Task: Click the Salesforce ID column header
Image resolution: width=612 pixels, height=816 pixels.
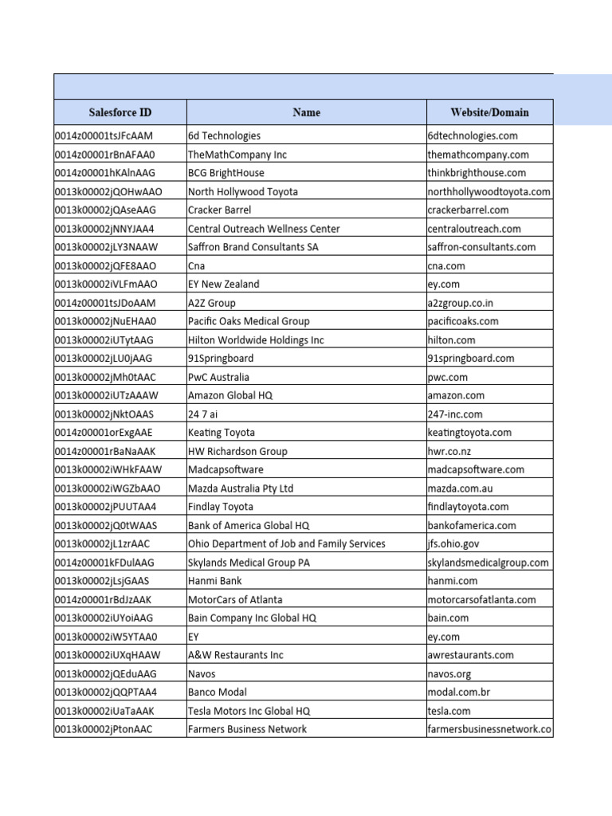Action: click(x=120, y=112)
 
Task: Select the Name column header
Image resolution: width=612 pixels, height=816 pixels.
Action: click(x=306, y=112)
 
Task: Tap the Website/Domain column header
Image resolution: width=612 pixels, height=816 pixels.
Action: click(x=489, y=112)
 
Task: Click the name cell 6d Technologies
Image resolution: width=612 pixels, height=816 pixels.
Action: click(x=224, y=136)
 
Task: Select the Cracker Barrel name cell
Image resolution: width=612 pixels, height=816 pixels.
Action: click(x=219, y=210)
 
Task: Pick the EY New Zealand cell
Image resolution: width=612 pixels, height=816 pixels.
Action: click(x=223, y=284)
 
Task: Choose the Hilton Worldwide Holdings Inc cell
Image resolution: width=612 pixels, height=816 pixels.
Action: click(x=256, y=340)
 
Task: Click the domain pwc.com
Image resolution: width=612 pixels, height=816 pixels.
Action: click(x=447, y=377)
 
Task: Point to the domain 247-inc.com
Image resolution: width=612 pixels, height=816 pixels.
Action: click(x=454, y=414)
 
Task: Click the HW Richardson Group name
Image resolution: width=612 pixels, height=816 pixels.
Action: click(x=237, y=451)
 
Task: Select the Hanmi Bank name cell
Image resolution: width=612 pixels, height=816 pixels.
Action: click(x=214, y=581)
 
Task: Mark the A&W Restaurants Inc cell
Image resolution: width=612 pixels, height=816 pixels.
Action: click(x=235, y=655)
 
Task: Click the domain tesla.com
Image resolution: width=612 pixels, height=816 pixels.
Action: click(x=449, y=711)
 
